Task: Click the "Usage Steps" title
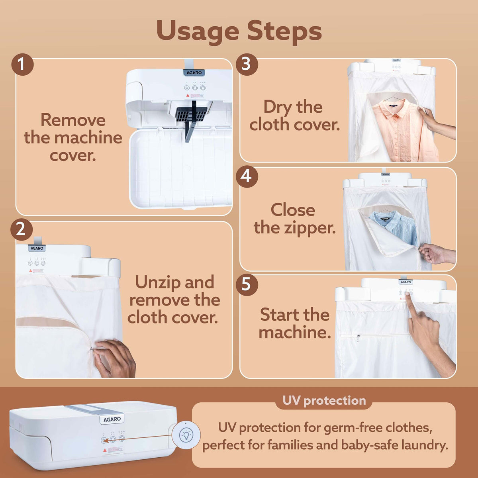pyautogui.click(x=239, y=31)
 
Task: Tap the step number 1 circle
pyautogui.click(x=22, y=65)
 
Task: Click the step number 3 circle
pyautogui.click(x=247, y=64)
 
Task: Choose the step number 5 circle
pyautogui.click(x=247, y=285)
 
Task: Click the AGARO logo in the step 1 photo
pyautogui.click(x=195, y=73)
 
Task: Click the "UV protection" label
pyautogui.click(x=324, y=401)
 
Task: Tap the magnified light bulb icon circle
pyautogui.click(x=186, y=435)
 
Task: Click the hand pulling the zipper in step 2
pyautogui.click(x=114, y=358)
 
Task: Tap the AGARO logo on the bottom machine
pyautogui.click(x=112, y=419)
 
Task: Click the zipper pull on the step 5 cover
pyautogui.click(x=358, y=338)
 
